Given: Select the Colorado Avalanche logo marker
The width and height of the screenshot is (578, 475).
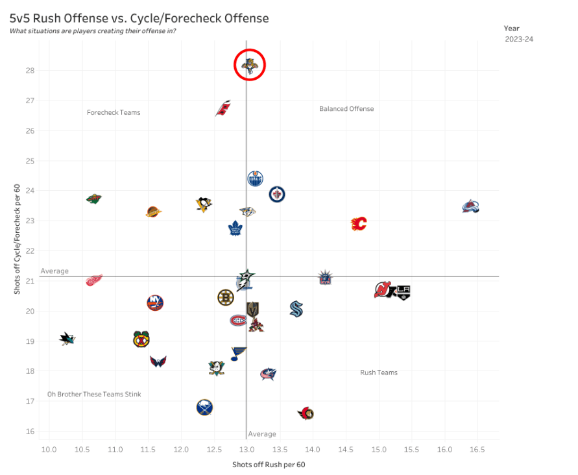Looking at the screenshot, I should [x=471, y=207].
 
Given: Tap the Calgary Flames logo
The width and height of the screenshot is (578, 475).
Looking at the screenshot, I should [x=359, y=224].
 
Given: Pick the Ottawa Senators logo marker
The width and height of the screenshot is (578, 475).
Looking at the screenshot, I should [x=306, y=413].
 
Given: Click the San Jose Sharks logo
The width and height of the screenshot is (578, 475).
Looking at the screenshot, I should [x=67, y=338].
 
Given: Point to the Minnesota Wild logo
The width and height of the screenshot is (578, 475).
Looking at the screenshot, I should [x=94, y=199].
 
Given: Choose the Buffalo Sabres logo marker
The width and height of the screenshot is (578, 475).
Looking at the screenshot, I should [x=205, y=408].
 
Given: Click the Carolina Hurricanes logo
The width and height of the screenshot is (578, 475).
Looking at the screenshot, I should [x=223, y=108].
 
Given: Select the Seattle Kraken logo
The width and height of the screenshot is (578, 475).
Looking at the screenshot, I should [x=296, y=309].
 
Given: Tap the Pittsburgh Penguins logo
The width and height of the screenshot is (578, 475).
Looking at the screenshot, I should [x=204, y=204].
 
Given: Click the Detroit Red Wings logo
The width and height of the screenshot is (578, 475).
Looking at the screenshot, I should [x=95, y=280].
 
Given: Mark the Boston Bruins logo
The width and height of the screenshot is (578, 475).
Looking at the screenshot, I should [x=225, y=298].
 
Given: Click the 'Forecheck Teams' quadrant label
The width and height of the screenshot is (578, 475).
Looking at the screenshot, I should [x=114, y=112].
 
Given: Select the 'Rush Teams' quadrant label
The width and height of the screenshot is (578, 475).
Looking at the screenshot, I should [x=379, y=372].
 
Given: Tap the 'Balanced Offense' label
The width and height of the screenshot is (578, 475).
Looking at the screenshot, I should [x=346, y=109].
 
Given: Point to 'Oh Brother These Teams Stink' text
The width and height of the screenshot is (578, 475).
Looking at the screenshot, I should [x=94, y=395].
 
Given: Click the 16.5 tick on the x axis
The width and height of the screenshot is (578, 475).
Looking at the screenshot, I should [x=477, y=449].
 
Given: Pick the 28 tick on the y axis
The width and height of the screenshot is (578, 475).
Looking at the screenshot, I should [x=30, y=71].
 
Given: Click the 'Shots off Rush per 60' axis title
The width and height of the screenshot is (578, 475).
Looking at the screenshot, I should [x=269, y=465].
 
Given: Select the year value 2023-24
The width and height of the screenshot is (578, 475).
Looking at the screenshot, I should [x=519, y=40].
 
